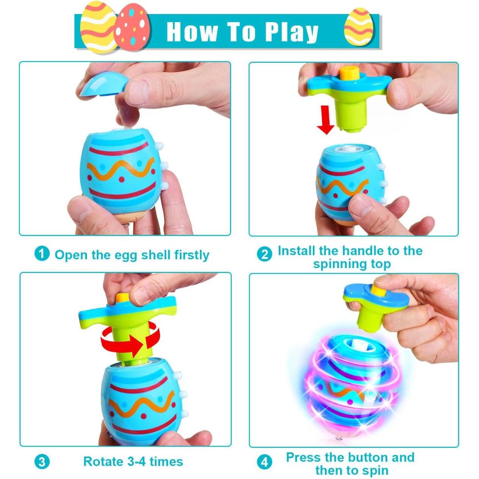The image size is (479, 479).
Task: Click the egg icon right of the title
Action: coord(358,29)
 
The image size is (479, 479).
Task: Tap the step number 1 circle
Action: coord(42,254)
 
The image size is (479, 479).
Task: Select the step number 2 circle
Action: coord(265,254)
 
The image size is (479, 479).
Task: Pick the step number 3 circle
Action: coord(42,462)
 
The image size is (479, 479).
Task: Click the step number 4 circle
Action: coord(265,462)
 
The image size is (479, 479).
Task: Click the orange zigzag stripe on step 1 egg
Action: coord(121,170)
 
